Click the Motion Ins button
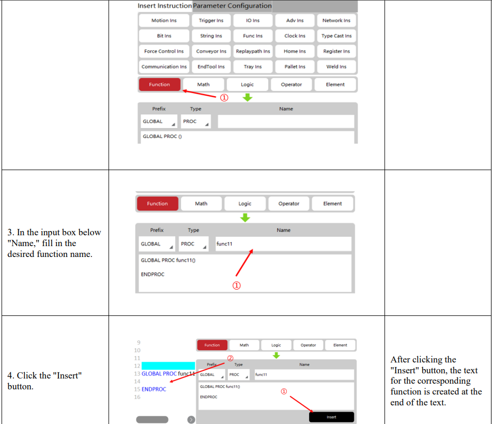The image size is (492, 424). (164, 20)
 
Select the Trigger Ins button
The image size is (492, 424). (211, 20)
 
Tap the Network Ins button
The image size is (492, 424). (336, 20)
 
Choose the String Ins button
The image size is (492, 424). (211, 36)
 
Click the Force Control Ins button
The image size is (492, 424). (164, 51)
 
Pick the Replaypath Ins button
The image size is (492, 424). (253, 51)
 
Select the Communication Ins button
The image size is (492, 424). (164, 67)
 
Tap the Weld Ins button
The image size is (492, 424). (336, 67)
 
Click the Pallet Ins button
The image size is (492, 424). (295, 67)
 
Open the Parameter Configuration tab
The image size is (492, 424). (232, 6)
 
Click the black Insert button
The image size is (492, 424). (331, 417)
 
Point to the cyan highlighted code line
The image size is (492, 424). (168, 366)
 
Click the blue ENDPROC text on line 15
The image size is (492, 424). (154, 389)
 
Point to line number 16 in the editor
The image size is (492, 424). (137, 397)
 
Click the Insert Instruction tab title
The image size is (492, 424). (165, 6)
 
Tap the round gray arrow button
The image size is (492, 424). (191, 420)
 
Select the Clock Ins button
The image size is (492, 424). (295, 36)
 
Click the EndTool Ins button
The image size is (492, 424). (211, 67)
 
